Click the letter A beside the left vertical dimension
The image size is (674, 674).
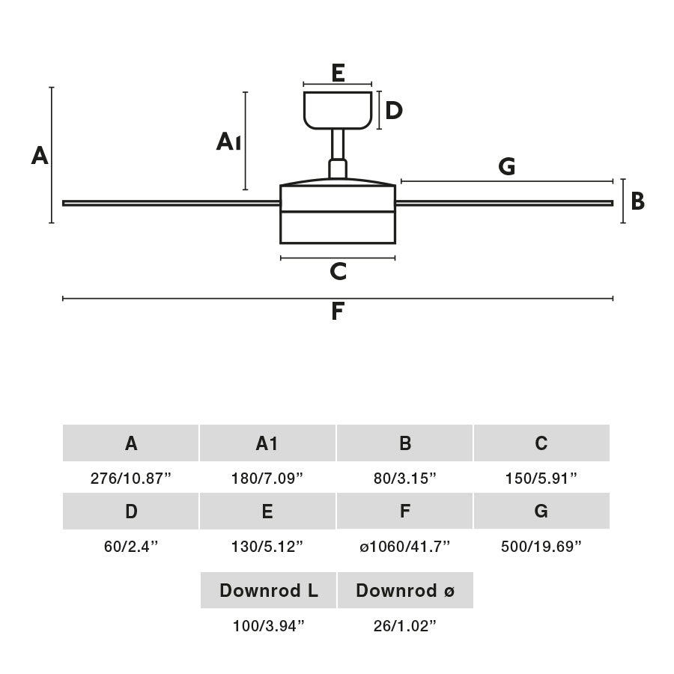40,156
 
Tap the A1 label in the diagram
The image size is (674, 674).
228,142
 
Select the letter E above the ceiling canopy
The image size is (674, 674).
338,73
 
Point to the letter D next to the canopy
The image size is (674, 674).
394,111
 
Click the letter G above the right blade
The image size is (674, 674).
507,167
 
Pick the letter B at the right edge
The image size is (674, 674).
637,201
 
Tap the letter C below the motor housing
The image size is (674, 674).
338,272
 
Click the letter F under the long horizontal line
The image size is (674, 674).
338,312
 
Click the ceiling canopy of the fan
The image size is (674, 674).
338,110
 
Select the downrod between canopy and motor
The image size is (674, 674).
338,145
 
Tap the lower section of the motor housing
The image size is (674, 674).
338,228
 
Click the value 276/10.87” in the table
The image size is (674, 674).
131,479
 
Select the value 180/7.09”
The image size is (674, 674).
267,479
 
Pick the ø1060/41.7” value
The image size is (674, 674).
404,547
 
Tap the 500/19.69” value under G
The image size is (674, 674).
541,547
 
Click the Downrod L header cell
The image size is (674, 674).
268,590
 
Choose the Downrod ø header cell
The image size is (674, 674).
405,590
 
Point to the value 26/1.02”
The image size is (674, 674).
404,626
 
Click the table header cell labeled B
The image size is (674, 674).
404,443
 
